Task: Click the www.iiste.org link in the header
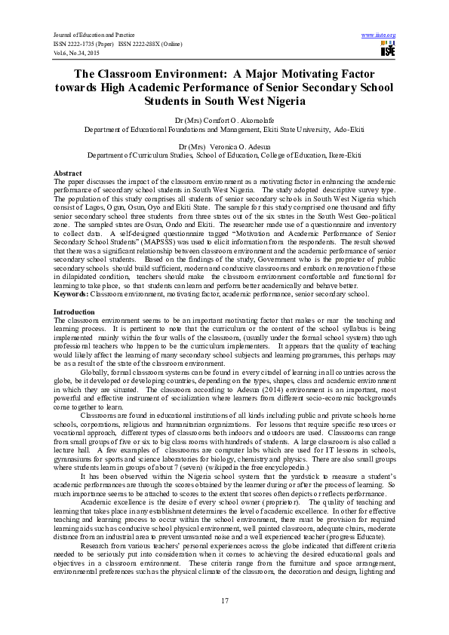379,35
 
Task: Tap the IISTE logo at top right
387,50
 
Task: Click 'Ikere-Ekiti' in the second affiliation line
342,155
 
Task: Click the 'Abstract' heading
68,173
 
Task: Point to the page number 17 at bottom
224,600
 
